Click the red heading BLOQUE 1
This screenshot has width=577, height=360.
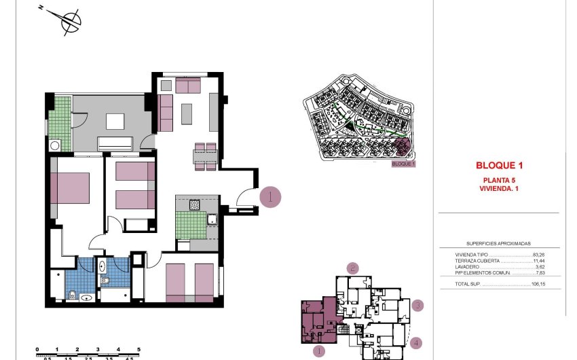499,165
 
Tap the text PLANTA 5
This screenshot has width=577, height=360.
499,179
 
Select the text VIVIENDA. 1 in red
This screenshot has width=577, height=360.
499,188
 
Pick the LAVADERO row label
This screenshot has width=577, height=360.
468,266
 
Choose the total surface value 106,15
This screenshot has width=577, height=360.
539,285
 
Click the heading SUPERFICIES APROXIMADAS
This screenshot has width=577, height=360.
498,242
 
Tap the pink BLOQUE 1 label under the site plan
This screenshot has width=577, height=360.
403,164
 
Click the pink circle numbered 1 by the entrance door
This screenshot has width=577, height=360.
270,197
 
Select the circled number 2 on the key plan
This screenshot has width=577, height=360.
352,268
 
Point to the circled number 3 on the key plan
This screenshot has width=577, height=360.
418,306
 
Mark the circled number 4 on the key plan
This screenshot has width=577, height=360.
415,344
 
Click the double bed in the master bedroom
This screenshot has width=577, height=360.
70,187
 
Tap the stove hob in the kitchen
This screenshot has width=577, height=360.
194,204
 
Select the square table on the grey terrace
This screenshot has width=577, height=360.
115,121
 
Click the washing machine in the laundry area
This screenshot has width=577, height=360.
54,145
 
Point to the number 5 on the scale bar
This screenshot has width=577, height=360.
138,348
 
